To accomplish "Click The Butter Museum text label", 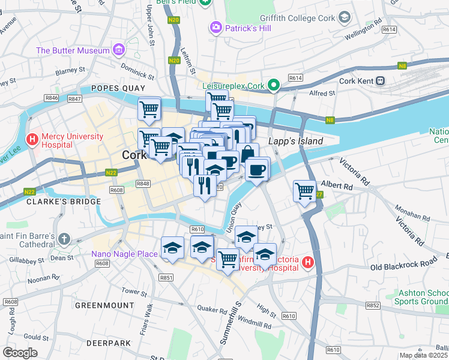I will (x=72, y=50).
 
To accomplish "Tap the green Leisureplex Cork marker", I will (x=274, y=85).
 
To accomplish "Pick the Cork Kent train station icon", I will (x=380, y=80).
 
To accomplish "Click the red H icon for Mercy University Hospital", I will (x=32, y=139).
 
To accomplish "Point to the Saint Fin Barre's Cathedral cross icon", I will (x=64, y=240).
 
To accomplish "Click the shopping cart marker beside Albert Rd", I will (x=305, y=191).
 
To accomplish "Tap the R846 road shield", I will (x=51, y=98).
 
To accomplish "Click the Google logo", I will (x=20, y=353).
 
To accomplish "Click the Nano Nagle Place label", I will (x=124, y=254).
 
